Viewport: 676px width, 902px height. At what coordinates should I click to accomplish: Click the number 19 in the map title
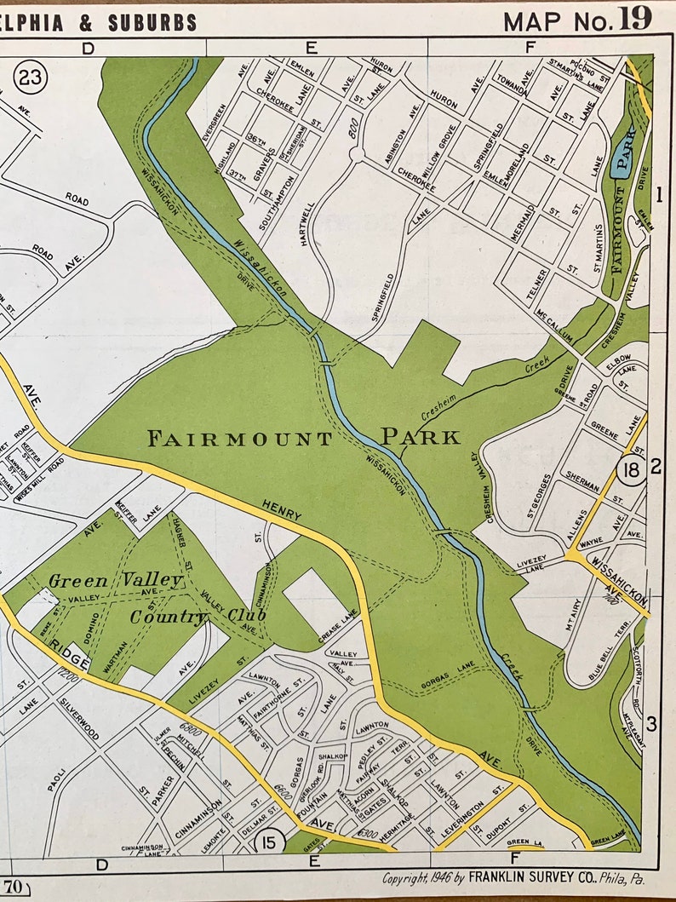(x=635, y=19)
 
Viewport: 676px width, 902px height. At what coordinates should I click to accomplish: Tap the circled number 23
(x=31, y=78)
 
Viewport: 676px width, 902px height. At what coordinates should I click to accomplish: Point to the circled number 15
(x=269, y=842)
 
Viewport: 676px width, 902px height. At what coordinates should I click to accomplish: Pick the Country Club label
(x=198, y=616)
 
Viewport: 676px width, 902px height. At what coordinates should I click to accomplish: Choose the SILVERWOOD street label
(x=79, y=720)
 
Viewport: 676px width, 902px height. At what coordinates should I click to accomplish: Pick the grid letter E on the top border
(x=312, y=48)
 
